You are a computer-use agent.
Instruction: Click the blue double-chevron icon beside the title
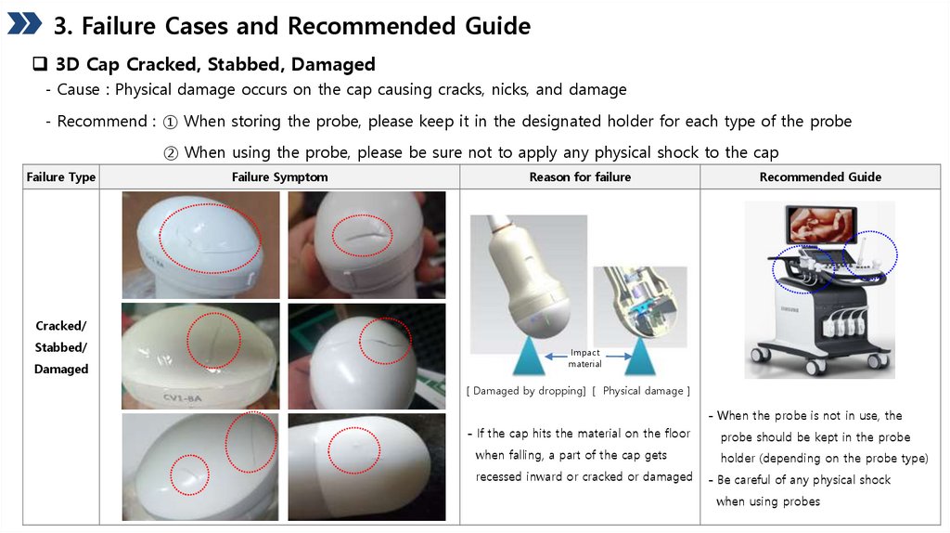click(x=24, y=23)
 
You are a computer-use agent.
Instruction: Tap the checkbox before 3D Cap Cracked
click(x=40, y=64)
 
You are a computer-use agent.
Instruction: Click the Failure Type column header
click(x=61, y=177)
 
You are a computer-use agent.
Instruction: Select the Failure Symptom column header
click(x=280, y=177)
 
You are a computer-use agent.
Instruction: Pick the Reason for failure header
click(x=580, y=177)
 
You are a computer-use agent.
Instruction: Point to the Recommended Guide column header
click(x=820, y=177)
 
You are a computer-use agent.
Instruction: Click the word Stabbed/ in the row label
click(x=61, y=347)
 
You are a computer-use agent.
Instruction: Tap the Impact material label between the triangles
click(x=584, y=357)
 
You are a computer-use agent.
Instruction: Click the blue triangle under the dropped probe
click(x=529, y=356)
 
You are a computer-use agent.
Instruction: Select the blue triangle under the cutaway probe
click(x=640, y=356)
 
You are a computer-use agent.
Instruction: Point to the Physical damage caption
click(x=643, y=391)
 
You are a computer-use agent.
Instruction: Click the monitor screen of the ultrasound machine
click(x=821, y=226)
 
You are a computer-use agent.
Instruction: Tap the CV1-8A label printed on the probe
click(x=183, y=398)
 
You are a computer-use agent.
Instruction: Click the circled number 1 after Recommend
click(x=171, y=122)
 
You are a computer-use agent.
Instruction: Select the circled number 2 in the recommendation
click(x=171, y=153)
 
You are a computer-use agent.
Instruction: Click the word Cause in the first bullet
click(x=78, y=90)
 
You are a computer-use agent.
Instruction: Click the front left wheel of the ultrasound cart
click(x=815, y=366)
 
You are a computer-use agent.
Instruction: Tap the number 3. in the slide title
click(x=63, y=26)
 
